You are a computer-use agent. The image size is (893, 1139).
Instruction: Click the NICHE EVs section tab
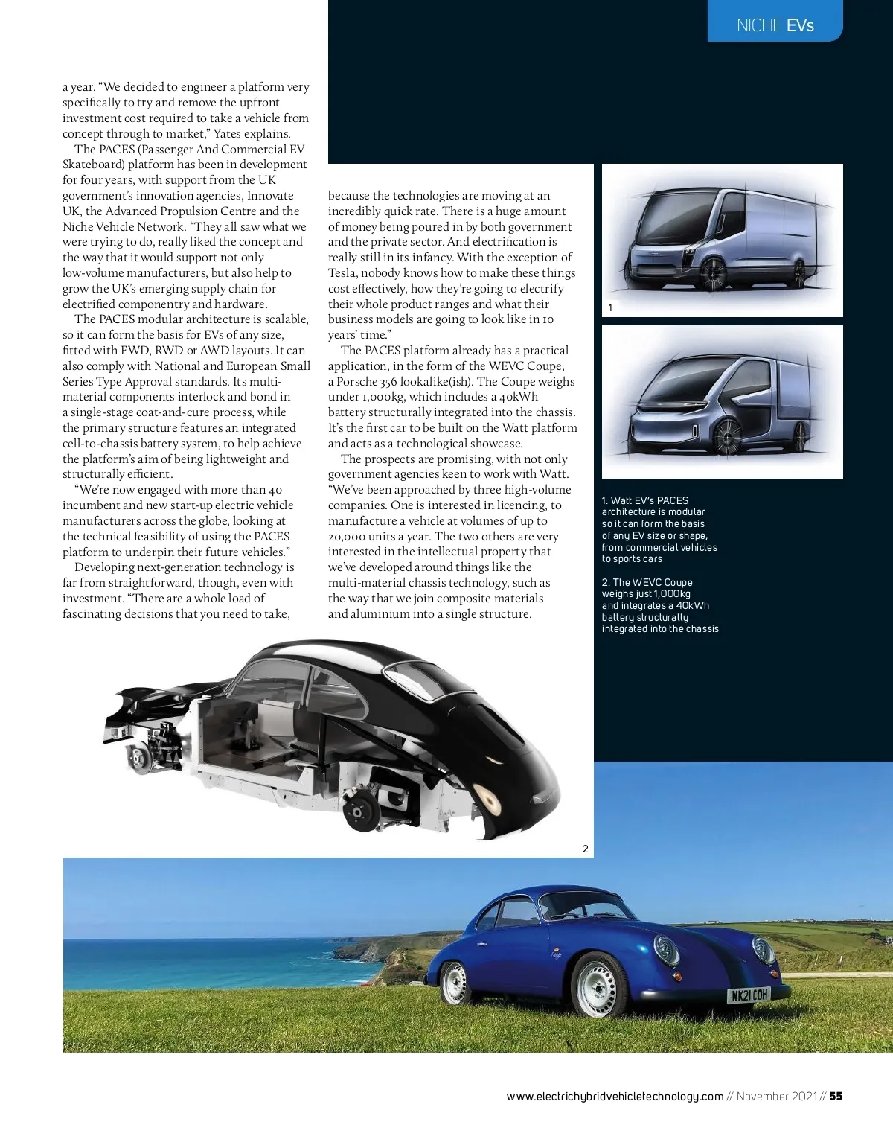(x=775, y=25)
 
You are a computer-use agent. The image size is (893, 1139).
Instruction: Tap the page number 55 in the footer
(x=836, y=1096)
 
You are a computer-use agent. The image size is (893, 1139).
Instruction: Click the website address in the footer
(x=615, y=1096)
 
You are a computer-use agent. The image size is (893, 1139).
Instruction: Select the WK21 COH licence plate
(x=749, y=995)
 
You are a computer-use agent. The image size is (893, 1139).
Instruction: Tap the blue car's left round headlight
(x=665, y=950)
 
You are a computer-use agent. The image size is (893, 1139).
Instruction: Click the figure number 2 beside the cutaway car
(x=586, y=849)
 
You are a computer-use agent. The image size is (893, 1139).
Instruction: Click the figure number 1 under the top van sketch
(x=610, y=307)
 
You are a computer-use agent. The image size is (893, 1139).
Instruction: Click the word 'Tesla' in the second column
(x=342, y=273)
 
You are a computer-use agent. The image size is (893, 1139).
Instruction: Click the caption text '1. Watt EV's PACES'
(x=645, y=500)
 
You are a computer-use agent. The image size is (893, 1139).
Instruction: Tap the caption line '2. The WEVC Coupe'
(x=647, y=582)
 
